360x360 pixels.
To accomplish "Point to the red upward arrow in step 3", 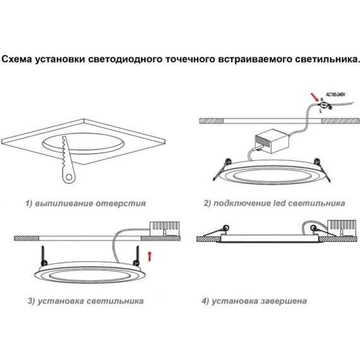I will (149, 256).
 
